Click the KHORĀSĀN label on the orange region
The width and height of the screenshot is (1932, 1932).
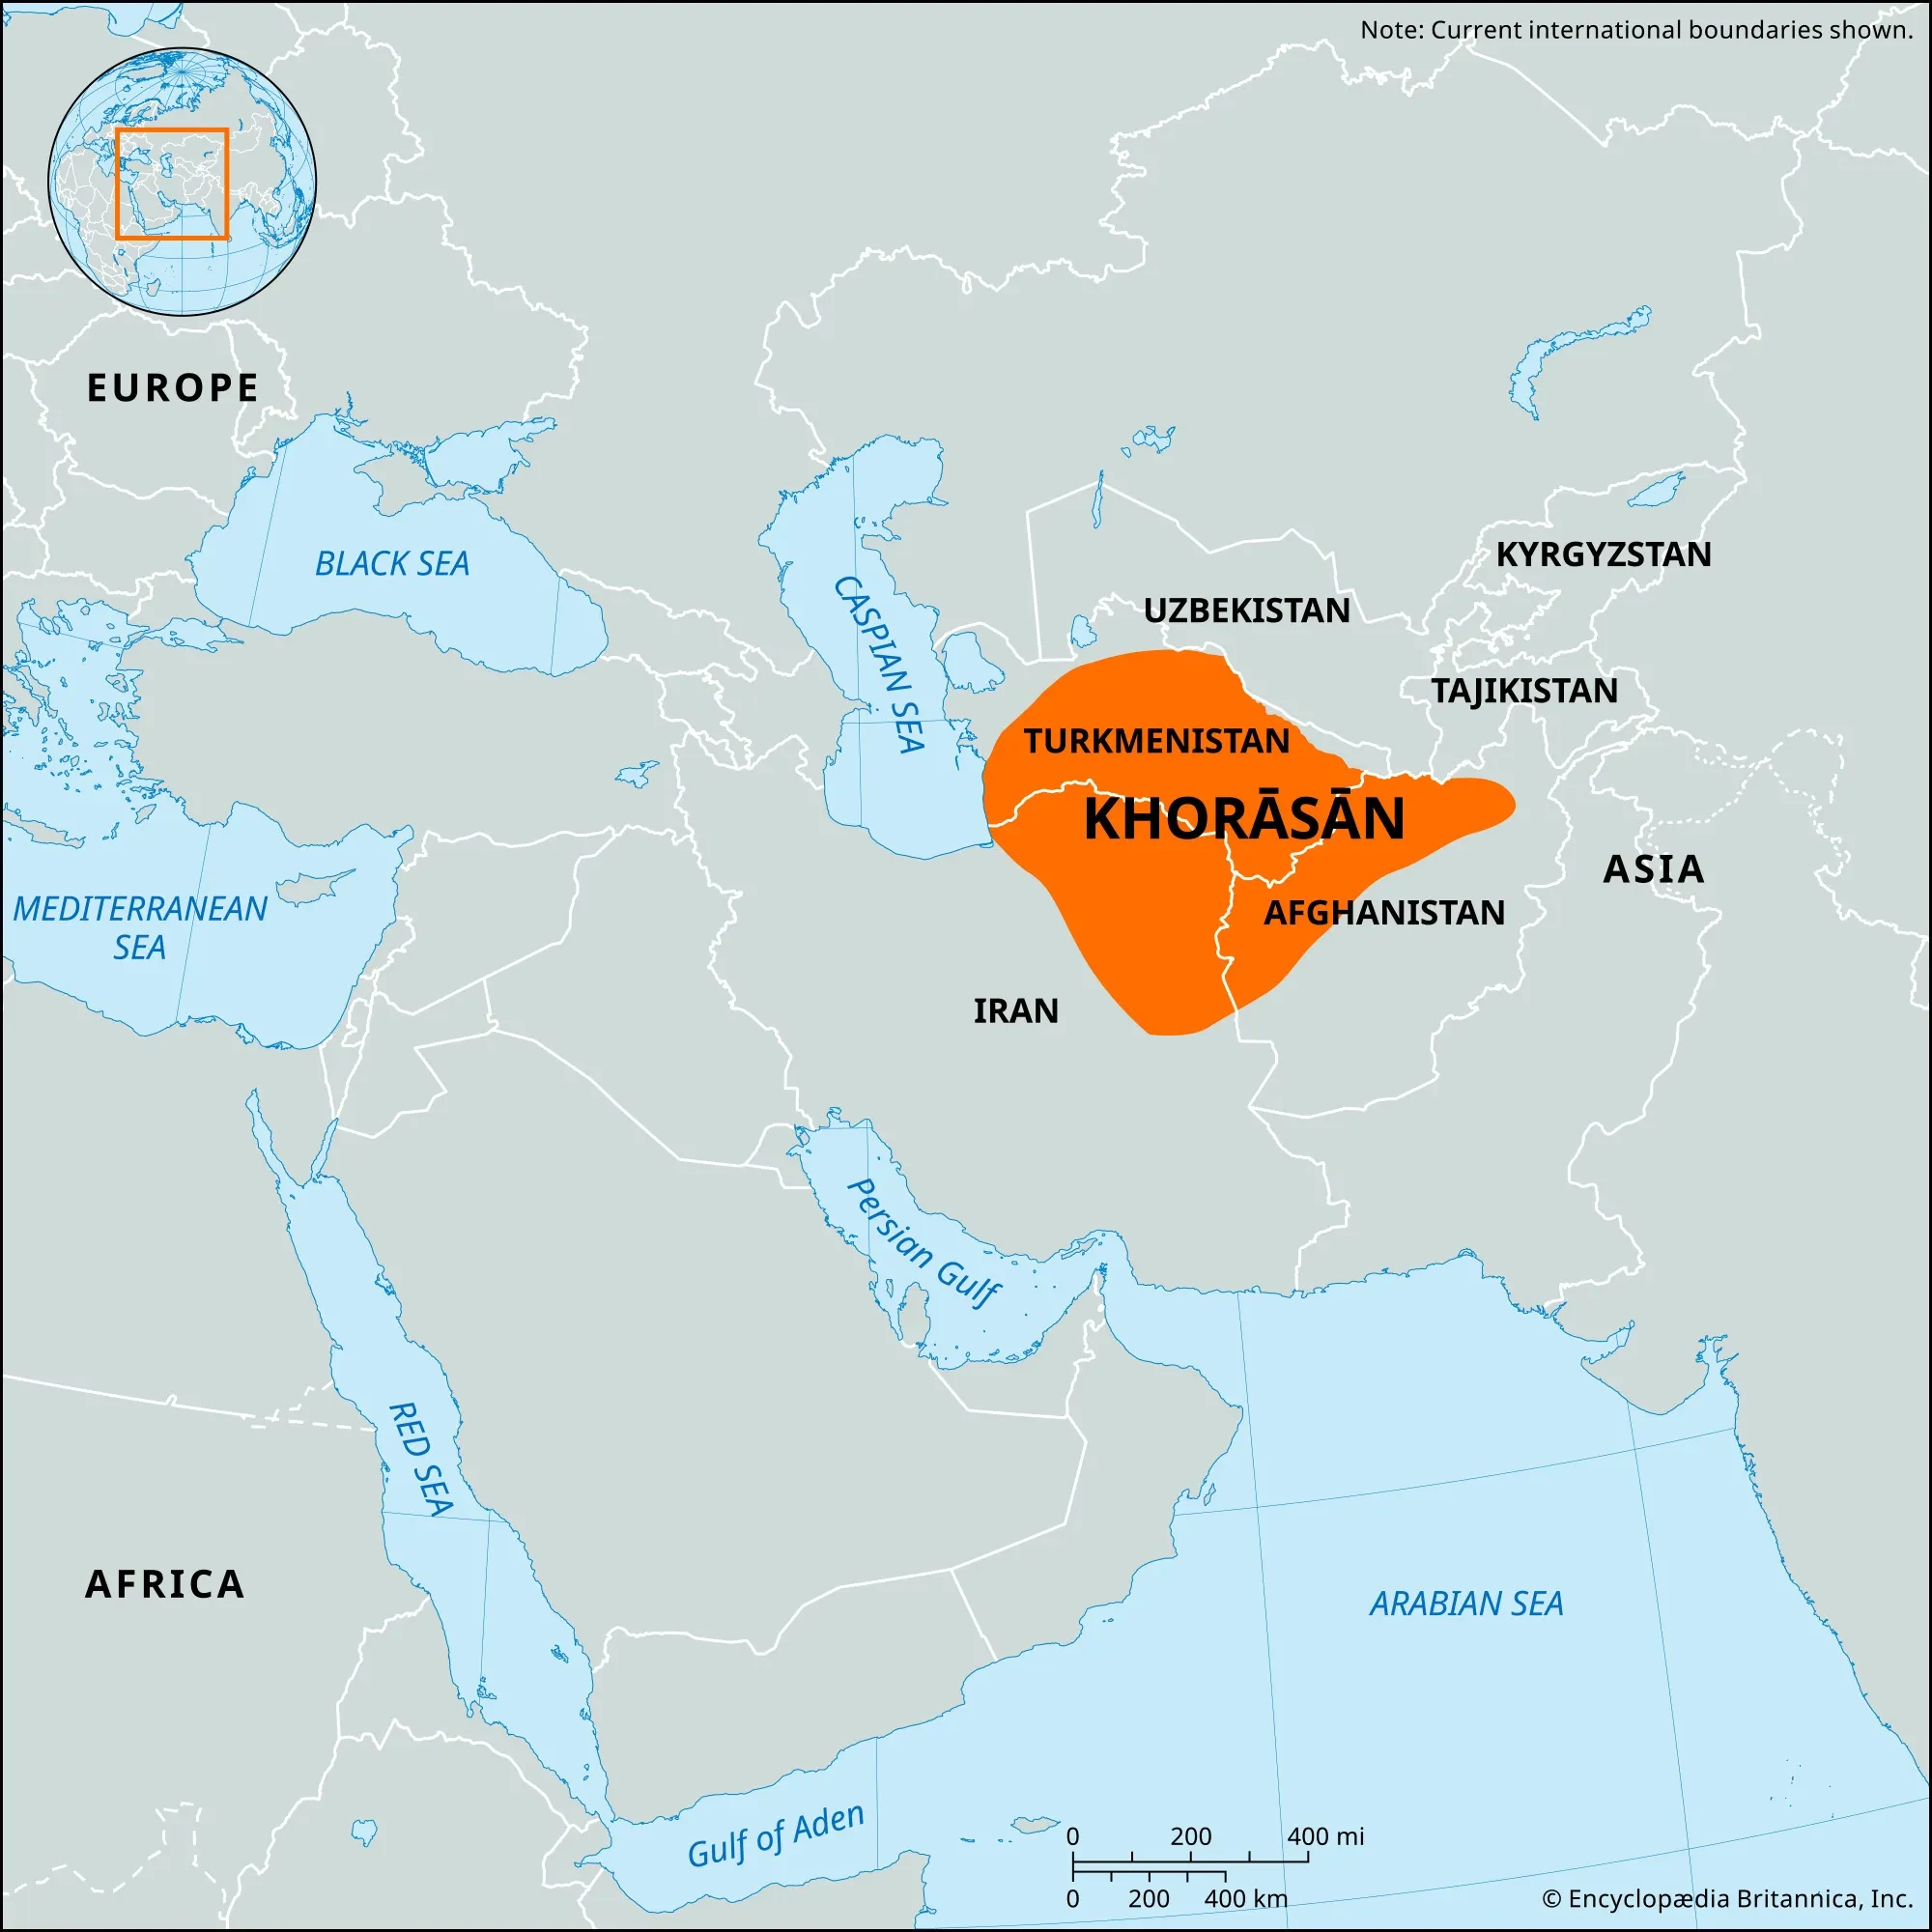[x=1244, y=819]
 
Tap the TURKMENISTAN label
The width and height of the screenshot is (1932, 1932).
[x=1156, y=741]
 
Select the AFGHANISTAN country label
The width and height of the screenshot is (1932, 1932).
[x=1384, y=912]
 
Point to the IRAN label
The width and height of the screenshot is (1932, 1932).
[x=1015, y=1011]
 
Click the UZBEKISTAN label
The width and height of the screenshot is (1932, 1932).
[x=1246, y=610]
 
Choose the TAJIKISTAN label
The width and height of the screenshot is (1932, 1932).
[x=1524, y=691]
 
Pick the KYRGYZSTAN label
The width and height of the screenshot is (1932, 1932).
[x=1603, y=554]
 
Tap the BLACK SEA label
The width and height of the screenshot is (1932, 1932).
[x=392, y=564]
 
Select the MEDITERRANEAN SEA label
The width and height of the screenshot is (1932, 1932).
[x=140, y=927]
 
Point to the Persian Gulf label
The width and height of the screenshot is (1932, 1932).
[x=922, y=1243]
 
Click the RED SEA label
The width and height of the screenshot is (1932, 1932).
[x=420, y=1459]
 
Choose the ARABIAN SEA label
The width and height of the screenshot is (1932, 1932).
[x=1466, y=1604]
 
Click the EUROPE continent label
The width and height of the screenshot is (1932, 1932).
[x=173, y=388]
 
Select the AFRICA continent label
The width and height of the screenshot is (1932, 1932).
[x=165, y=1584]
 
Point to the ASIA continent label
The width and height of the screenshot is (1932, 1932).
[x=1653, y=869]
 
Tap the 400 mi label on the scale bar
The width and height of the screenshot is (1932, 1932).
[x=1325, y=1836]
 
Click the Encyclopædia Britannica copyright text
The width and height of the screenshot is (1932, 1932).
[x=1727, y=1898]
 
